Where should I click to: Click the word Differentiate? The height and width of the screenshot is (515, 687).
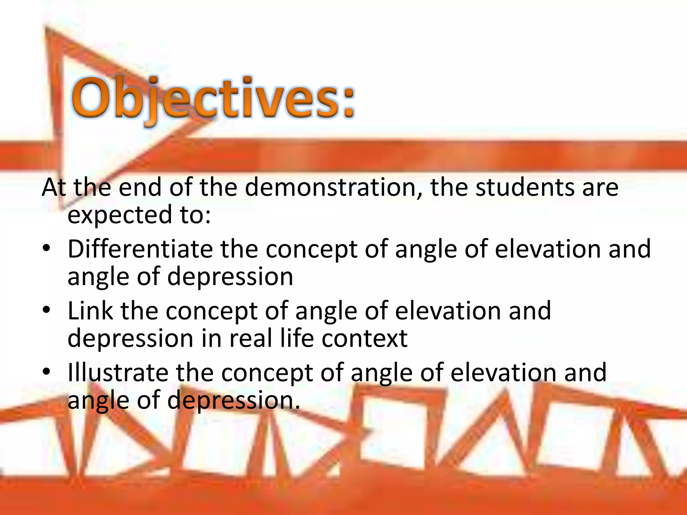[140, 249]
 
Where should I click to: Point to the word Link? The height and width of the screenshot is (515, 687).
[90, 311]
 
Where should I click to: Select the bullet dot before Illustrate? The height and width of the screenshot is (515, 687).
[46, 372]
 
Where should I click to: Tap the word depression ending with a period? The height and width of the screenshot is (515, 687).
[233, 401]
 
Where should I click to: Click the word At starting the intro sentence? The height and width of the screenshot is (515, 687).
[54, 187]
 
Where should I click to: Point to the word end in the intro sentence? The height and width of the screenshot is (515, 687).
[140, 187]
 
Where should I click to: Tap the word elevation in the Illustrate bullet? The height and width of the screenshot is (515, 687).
[503, 373]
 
